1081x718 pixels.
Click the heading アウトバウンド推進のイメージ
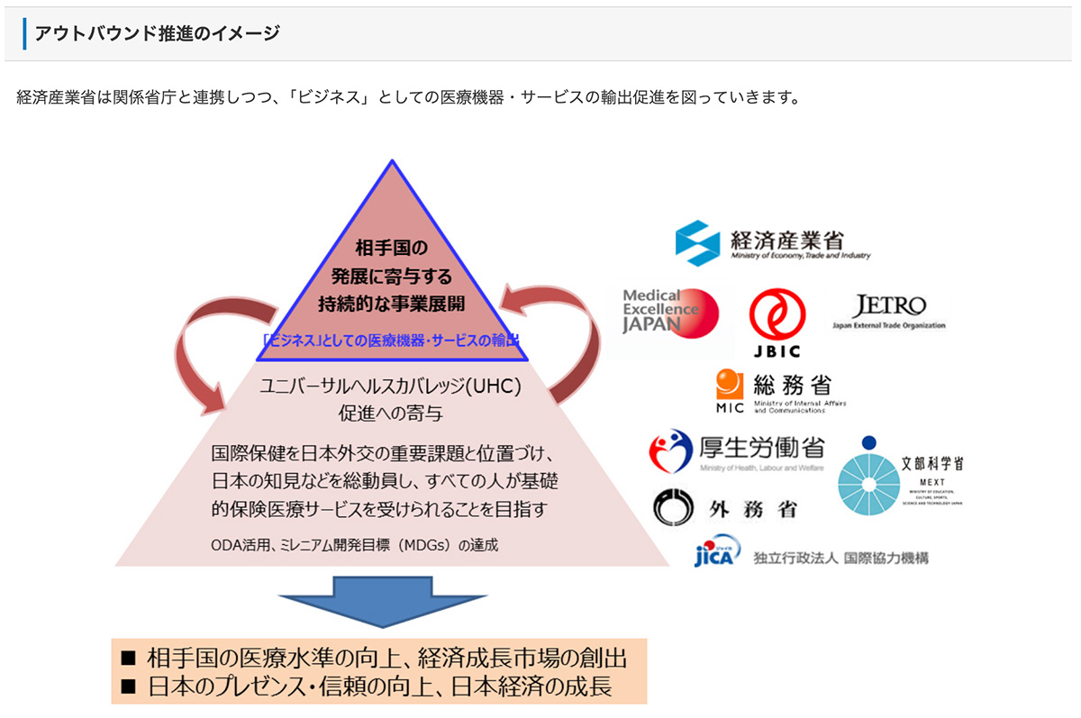tap(157, 34)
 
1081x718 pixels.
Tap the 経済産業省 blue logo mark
tap(697, 243)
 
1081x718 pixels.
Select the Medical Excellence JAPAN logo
tap(670, 312)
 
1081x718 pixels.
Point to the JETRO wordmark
tap(888, 305)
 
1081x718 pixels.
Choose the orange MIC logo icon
tap(730, 386)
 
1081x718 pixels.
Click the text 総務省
tap(792, 386)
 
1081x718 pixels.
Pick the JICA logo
tap(717, 551)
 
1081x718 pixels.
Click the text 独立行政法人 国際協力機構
tap(840, 558)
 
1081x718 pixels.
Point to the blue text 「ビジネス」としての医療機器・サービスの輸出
tap(391, 341)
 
